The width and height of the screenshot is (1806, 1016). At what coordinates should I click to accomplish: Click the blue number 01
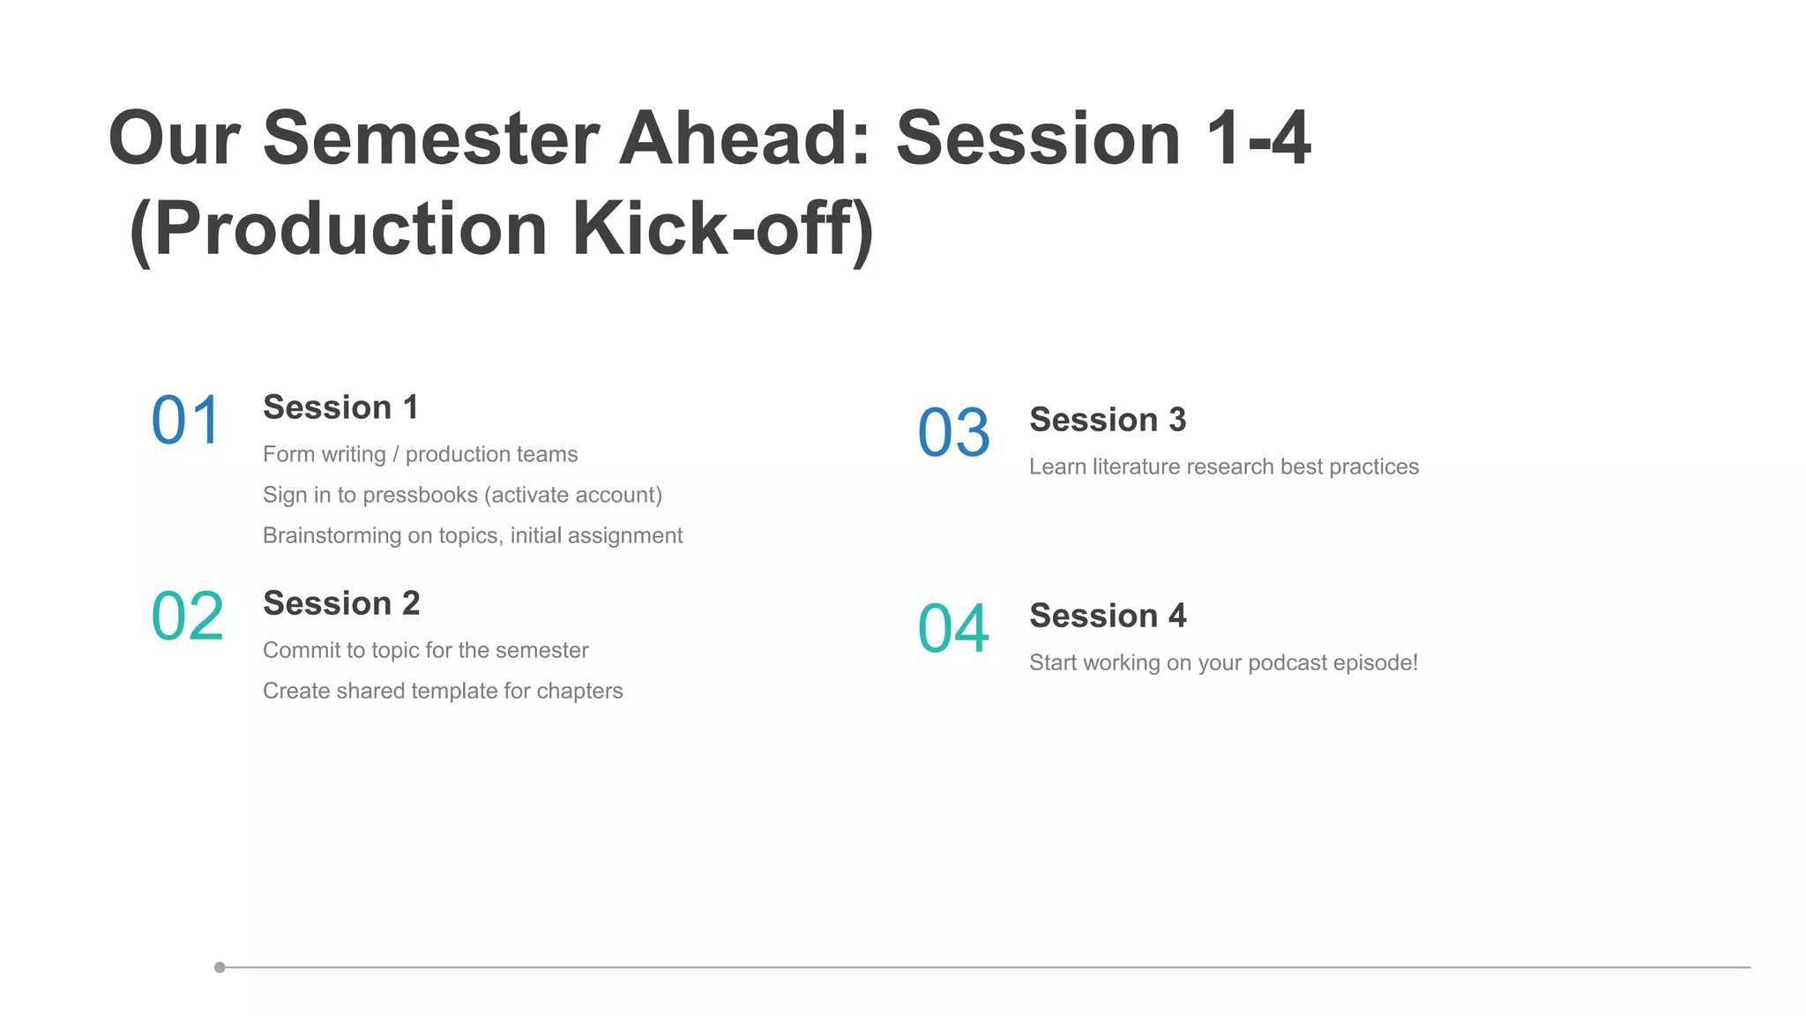pyautogui.click(x=185, y=421)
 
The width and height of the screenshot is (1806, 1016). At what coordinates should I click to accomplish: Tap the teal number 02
pyautogui.click(x=187, y=616)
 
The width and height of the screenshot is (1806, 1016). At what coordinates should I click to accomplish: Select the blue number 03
pyautogui.click(x=953, y=433)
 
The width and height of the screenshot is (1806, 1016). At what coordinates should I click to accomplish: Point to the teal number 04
pyautogui.click(x=953, y=629)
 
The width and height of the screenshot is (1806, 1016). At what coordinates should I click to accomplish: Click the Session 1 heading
pyautogui.click(x=340, y=407)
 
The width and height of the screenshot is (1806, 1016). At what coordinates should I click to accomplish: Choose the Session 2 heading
pyautogui.click(x=341, y=603)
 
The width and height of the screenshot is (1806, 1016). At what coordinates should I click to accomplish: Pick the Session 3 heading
pyautogui.click(x=1108, y=420)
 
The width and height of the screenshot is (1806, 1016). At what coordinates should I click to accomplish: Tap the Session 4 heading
pyautogui.click(x=1108, y=616)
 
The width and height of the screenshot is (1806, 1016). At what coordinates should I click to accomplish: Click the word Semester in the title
pyautogui.click(x=431, y=138)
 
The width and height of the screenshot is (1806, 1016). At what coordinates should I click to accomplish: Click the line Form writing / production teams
pyautogui.click(x=420, y=454)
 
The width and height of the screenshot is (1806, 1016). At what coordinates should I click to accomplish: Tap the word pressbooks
pyautogui.click(x=420, y=495)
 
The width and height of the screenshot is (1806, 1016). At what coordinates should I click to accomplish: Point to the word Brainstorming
pyautogui.click(x=332, y=535)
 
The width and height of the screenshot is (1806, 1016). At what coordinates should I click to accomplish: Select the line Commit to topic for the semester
pyautogui.click(x=425, y=650)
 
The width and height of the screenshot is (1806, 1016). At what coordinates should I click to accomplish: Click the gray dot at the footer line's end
pyautogui.click(x=220, y=967)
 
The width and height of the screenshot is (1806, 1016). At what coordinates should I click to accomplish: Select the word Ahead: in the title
pyautogui.click(x=745, y=138)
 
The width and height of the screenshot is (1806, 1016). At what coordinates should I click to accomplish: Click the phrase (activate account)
pyautogui.click(x=573, y=495)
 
